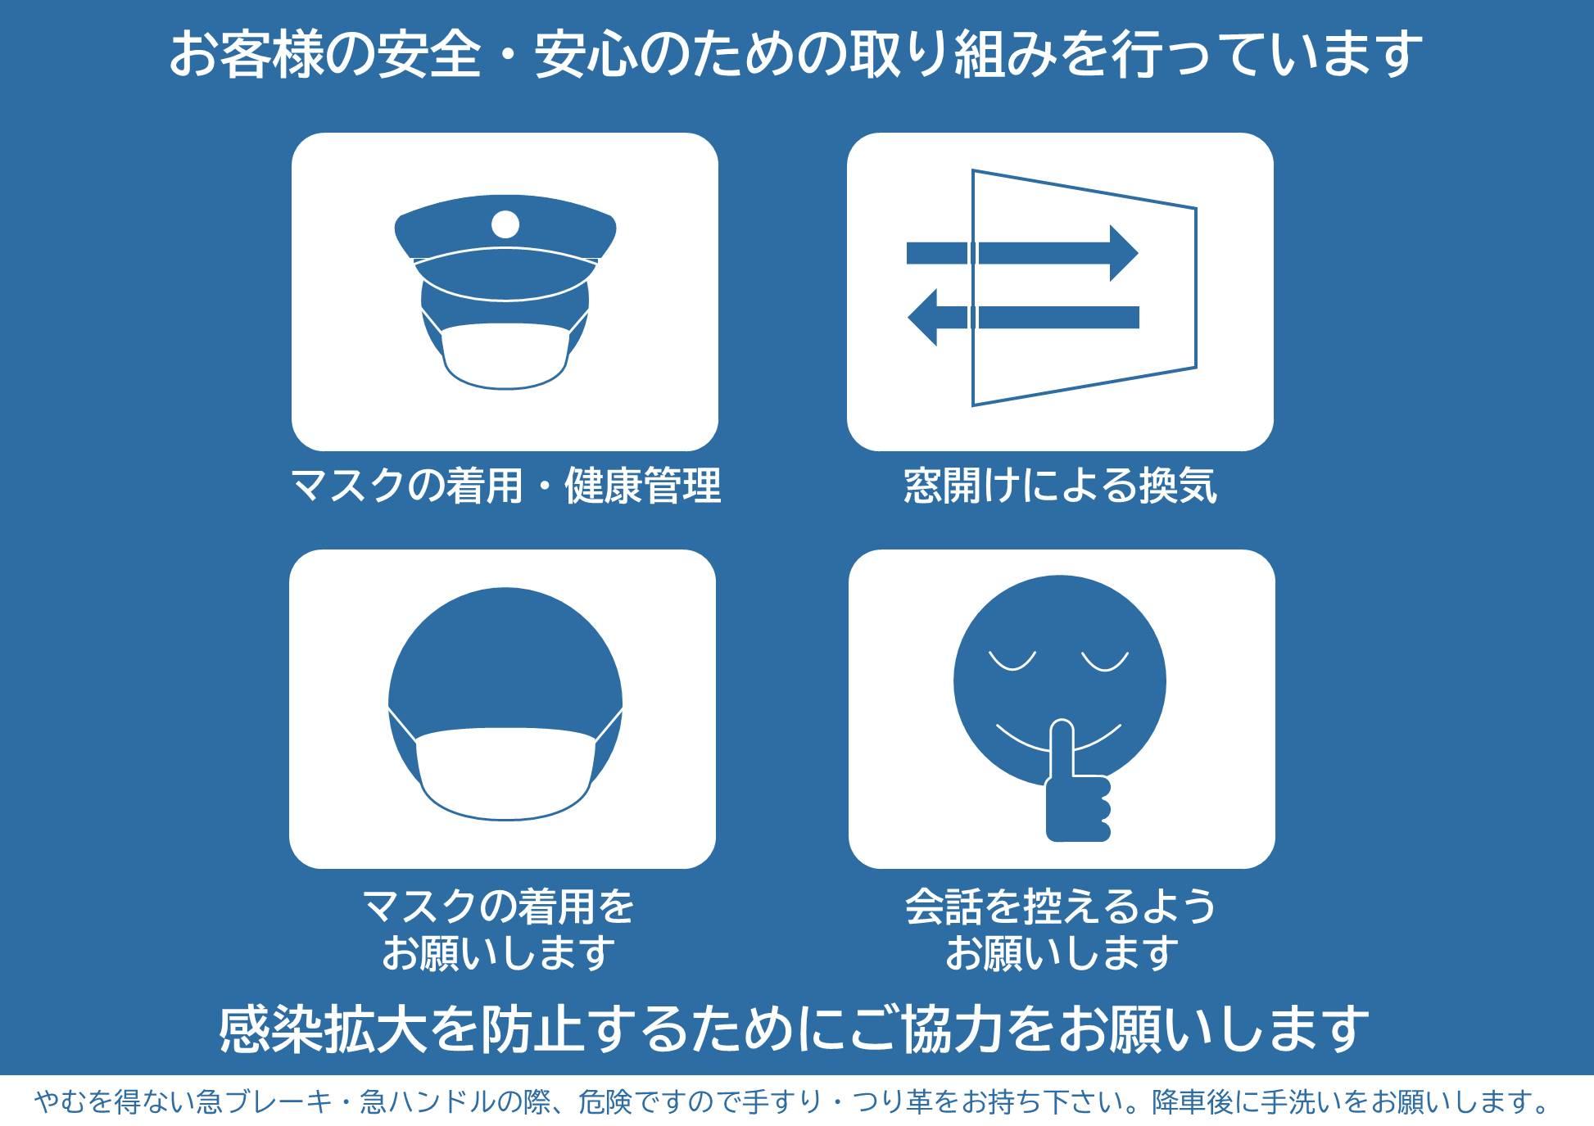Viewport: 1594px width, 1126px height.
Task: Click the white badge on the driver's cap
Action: pos(505,223)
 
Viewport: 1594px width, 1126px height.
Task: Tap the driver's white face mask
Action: pos(505,353)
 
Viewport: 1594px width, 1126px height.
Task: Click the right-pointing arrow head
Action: pos(1124,253)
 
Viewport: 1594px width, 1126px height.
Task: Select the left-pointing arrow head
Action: pos(922,317)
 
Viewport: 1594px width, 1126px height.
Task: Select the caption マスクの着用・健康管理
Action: pos(505,485)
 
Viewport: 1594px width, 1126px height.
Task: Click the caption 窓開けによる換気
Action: pos(1060,485)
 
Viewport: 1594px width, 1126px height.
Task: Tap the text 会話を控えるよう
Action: pos(1061,907)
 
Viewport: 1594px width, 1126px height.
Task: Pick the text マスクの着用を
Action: pos(499,907)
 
